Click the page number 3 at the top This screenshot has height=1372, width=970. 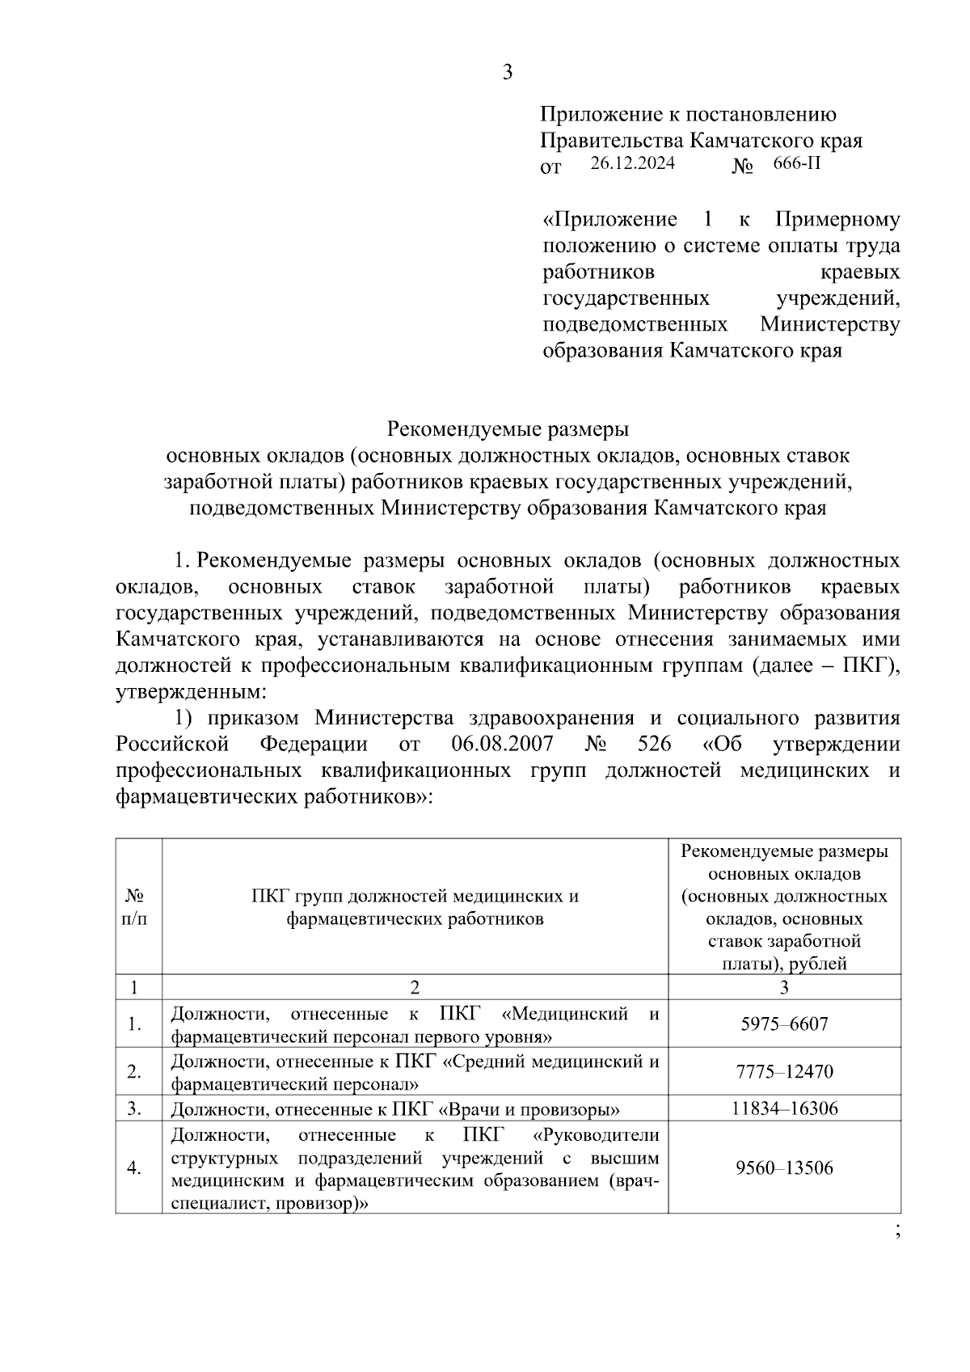(508, 73)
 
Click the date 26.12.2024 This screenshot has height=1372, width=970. (631, 164)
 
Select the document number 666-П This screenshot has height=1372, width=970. (796, 164)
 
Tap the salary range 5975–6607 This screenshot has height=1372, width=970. (784, 1024)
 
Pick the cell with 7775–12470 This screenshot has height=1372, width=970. (784, 1071)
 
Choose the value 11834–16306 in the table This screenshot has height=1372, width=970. (784, 1108)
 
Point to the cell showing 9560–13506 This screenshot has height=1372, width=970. (784, 1167)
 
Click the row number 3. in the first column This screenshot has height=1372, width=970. (134, 1108)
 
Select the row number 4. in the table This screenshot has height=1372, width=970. (134, 1167)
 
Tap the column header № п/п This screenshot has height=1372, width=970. (136, 907)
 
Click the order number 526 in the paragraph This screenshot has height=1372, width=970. (654, 744)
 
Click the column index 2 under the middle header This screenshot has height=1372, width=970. (415, 987)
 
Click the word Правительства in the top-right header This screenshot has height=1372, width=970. (613, 141)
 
